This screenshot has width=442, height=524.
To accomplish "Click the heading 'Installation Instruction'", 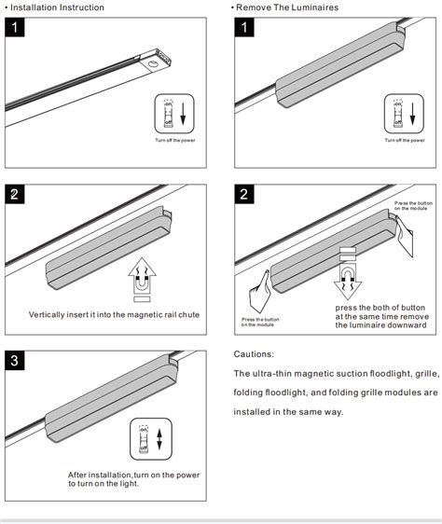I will tap(55, 7).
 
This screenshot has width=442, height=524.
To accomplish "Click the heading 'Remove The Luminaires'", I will tap(287, 7).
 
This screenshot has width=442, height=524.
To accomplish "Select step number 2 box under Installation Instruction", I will tap(14, 195).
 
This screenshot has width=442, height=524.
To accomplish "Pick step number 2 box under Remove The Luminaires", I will tap(244, 195).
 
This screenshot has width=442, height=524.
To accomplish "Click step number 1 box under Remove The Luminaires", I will tap(244, 27).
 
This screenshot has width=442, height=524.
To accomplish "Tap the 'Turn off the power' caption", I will tap(174, 140).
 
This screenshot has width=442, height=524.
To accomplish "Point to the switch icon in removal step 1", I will tap(406, 113).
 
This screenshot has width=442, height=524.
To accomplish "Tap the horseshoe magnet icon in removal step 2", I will tap(348, 277).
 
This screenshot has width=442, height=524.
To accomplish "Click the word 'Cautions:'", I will tap(254, 355).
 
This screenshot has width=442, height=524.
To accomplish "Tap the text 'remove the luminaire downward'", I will tap(382, 324).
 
